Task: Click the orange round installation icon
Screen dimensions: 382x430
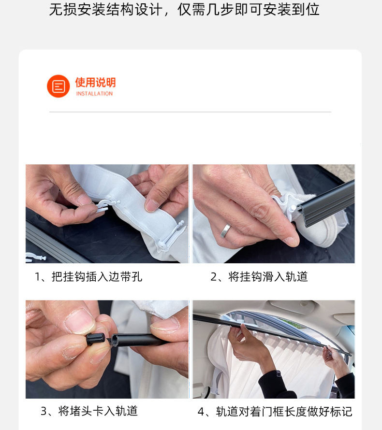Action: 58,86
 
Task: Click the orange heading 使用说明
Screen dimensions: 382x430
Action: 96,82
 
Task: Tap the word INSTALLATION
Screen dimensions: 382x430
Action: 94,94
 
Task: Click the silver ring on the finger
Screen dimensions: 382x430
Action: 226,230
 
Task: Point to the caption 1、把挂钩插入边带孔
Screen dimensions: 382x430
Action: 88,276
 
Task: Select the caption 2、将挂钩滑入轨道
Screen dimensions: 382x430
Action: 259,276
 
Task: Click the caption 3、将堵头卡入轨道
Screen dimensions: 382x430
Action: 89,411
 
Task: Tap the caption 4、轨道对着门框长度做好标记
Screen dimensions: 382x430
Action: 275,412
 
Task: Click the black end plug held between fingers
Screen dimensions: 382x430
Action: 96,339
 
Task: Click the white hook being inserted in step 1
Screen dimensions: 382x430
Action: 105,205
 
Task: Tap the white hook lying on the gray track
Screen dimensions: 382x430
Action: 36,257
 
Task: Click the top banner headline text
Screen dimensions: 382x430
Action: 184,10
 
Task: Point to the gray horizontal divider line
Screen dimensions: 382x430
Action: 190,112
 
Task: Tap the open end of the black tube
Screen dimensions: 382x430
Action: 114,340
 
